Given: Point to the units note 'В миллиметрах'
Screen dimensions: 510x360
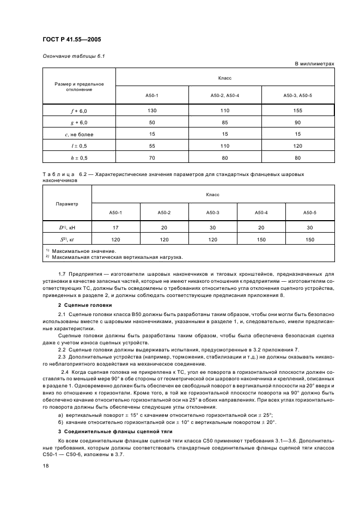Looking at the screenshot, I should pyautogui.click(x=314, y=64).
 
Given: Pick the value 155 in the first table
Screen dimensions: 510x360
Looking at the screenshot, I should pyautogui.click(x=297, y=111).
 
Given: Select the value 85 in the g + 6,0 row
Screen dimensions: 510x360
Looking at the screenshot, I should pyautogui.click(x=224, y=122).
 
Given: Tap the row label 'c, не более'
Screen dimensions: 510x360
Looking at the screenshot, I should pyautogui.click(x=79, y=134).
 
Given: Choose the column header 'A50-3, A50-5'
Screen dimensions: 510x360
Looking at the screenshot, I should pyautogui.click(x=297, y=96).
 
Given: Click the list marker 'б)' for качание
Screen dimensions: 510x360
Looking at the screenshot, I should pyautogui.click(x=60, y=422).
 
